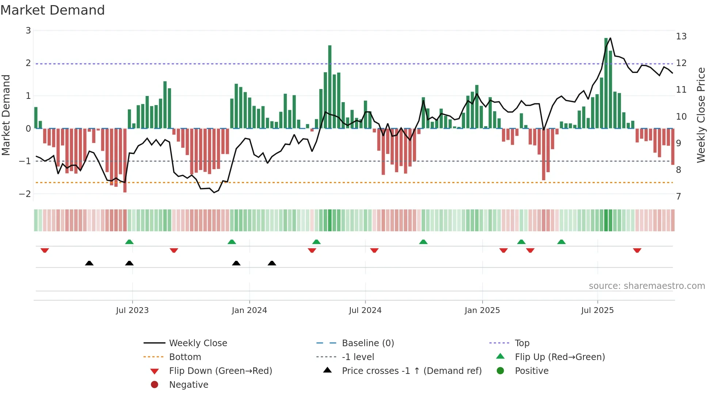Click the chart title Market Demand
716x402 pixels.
(53, 10)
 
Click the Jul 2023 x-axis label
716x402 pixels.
(132, 310)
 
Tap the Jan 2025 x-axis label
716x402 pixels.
(482, 310)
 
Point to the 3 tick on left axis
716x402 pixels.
(28, 31)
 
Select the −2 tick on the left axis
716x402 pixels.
(25, 194)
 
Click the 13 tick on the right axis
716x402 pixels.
(681, 36)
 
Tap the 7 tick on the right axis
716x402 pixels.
(678, 197)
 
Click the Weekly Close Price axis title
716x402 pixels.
(701, 115)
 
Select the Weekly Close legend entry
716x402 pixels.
(198, 343)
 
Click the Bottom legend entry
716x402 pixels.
(185, 357)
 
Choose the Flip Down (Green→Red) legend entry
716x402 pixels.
(220, 371)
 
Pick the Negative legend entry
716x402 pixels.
(188, 385)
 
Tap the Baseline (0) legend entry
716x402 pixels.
(367, 343)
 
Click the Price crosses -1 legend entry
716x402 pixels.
(411, 371)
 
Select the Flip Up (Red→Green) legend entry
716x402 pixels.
(560, 357)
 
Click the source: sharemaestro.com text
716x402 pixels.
(647, 286)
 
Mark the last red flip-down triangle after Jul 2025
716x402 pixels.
(637, 251)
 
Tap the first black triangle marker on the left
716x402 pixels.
(89, 263)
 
